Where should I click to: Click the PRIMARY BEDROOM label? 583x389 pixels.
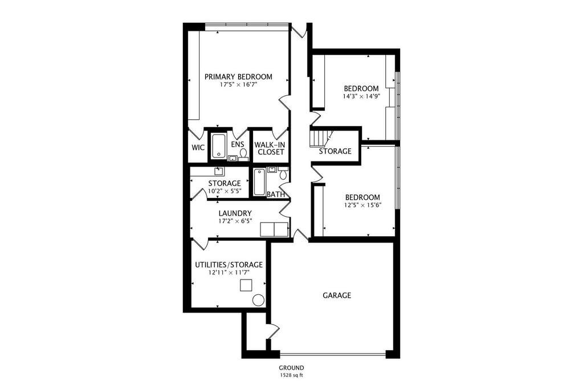click(238, 76)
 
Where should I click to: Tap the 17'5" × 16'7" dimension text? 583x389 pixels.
click(238, 85)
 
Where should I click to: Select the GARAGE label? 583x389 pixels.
click(336, 295)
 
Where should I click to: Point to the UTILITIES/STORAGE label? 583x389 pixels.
click(229, 265)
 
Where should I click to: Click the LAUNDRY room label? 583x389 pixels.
click(235, 213)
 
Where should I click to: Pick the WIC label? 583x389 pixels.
click(198, 147)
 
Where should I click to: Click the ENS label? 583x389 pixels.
click(238, 144)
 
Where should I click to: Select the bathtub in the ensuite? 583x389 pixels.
click(218, 146)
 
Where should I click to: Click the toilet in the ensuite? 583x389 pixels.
click(243, 155)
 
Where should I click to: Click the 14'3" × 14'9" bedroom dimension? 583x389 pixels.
click(361, 96)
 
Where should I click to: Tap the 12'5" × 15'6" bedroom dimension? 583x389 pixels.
click(363, 205)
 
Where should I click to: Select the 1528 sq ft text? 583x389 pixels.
click(291, 375)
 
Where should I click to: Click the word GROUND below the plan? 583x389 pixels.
click(292, 368)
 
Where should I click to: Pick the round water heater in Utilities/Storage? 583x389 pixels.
click(258, 301)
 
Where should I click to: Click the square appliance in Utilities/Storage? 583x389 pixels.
click(246, 285)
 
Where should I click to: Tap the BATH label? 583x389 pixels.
click(276, 195)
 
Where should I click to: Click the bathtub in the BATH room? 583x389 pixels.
click(259, 182)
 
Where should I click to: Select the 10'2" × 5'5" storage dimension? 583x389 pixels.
click(225, 191)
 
